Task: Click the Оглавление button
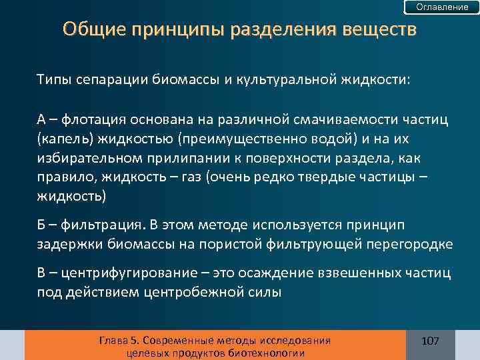[442, 7]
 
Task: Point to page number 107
[431, 341]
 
